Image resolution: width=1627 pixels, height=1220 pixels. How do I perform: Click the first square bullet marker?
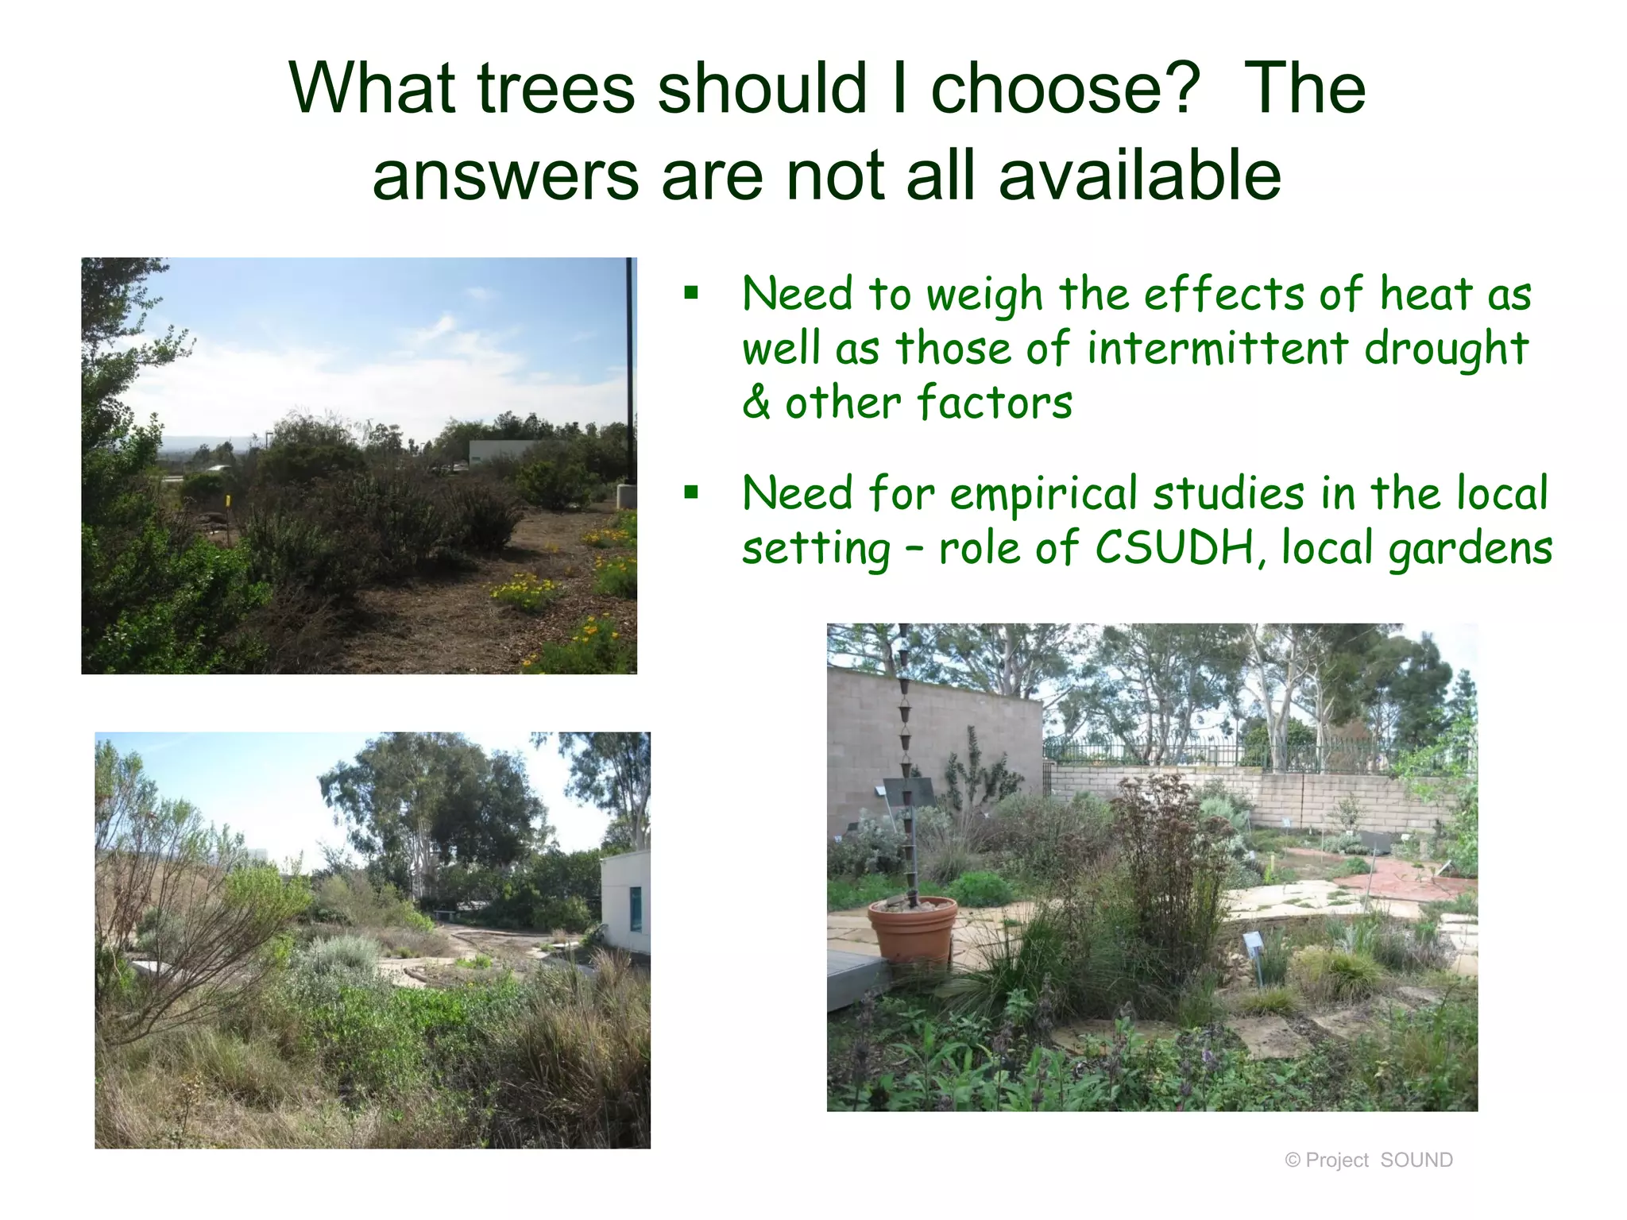click(x=691, y=293)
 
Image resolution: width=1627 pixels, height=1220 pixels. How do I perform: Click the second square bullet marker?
click(x=691, y=492)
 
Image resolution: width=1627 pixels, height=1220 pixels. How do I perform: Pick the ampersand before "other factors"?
click(x=756, y=403)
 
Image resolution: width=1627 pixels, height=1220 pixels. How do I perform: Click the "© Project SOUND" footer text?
click(x=1368, y=1160)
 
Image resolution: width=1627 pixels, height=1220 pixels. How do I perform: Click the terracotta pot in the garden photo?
click(x=912, y=929)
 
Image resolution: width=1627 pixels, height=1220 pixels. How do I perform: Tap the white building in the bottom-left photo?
click(x=625, y=901)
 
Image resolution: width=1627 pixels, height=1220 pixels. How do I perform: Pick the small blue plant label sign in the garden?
click(x=1253, y=943)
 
